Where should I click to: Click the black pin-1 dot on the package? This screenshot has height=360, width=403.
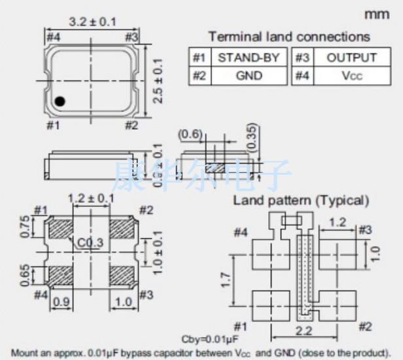(60, 101)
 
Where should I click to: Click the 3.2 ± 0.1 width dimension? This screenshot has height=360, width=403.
(92, 22)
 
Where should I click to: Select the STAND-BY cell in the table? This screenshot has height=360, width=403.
(249, 58)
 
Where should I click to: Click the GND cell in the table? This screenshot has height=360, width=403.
(249, 76)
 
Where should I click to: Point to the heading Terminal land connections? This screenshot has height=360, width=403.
(289, 37)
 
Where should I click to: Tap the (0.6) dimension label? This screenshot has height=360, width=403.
(190, 134)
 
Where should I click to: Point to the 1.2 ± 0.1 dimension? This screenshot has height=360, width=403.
(91, 198)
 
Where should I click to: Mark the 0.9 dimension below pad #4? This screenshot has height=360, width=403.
(61, 302)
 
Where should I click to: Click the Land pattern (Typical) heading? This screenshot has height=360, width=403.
(301, 200)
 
